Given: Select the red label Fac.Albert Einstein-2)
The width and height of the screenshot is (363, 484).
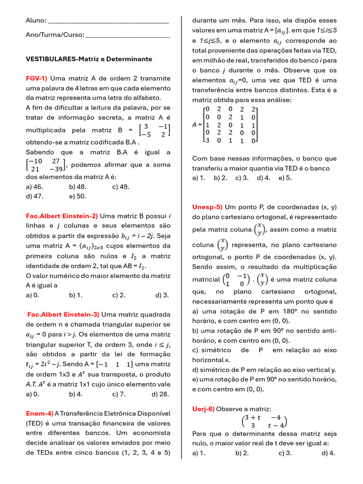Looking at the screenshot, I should click(62, 216).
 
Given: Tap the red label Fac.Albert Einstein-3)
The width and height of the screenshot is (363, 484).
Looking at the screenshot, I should click(63, 314).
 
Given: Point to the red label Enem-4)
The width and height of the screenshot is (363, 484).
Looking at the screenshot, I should click(39, 413).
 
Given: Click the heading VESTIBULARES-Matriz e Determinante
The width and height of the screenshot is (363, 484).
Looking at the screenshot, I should click(89, 59).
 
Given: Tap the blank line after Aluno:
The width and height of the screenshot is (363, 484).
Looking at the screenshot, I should click(108, 21).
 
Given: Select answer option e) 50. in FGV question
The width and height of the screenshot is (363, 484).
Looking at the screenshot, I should click(78, 196).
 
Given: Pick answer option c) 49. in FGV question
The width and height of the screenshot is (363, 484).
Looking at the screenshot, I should click(121, 186).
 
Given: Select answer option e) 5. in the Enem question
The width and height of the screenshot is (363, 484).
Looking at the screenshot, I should click(285, 178).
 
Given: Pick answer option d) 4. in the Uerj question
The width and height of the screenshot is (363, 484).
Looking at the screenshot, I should click(328, 453).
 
